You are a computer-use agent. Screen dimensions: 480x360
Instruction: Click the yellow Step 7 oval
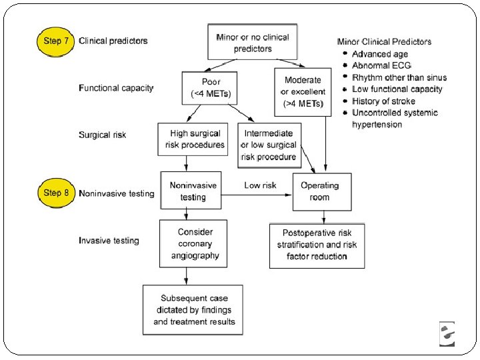point(55,41)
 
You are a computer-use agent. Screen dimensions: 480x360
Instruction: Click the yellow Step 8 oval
point(56,193)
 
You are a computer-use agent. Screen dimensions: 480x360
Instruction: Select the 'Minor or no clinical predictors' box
point(252,42)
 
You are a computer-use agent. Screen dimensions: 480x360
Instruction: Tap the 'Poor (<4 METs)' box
point(209,88)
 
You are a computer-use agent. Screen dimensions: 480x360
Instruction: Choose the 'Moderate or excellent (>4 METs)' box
point(303,92)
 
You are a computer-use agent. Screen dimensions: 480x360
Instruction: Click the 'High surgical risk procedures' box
point(193,139)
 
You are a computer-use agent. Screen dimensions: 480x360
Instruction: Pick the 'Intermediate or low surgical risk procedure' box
point(269,145)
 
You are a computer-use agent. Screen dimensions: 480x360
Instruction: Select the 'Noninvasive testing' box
point(191,191)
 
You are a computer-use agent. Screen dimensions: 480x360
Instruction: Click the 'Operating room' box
point(322,192)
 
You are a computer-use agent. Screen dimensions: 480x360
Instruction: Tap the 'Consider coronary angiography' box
point(193,244)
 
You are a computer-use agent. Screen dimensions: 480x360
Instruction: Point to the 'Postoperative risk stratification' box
point(317,246)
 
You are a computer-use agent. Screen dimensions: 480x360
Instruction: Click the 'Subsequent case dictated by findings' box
point(193,310)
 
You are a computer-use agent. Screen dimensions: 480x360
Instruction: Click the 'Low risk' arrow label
point(260,185)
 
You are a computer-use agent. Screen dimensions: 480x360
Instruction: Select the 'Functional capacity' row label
point(116,88)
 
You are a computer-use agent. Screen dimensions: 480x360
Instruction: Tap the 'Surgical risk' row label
point(102,135)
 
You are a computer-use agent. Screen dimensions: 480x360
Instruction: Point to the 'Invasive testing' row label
point(109,241)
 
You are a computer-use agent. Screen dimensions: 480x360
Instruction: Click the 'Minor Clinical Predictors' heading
point(384,41)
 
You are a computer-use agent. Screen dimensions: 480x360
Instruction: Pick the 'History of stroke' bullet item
point(383,101)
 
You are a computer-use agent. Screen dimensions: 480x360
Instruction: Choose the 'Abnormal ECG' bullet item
point(381,65)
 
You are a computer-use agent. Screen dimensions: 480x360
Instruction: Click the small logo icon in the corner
point(447,334)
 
